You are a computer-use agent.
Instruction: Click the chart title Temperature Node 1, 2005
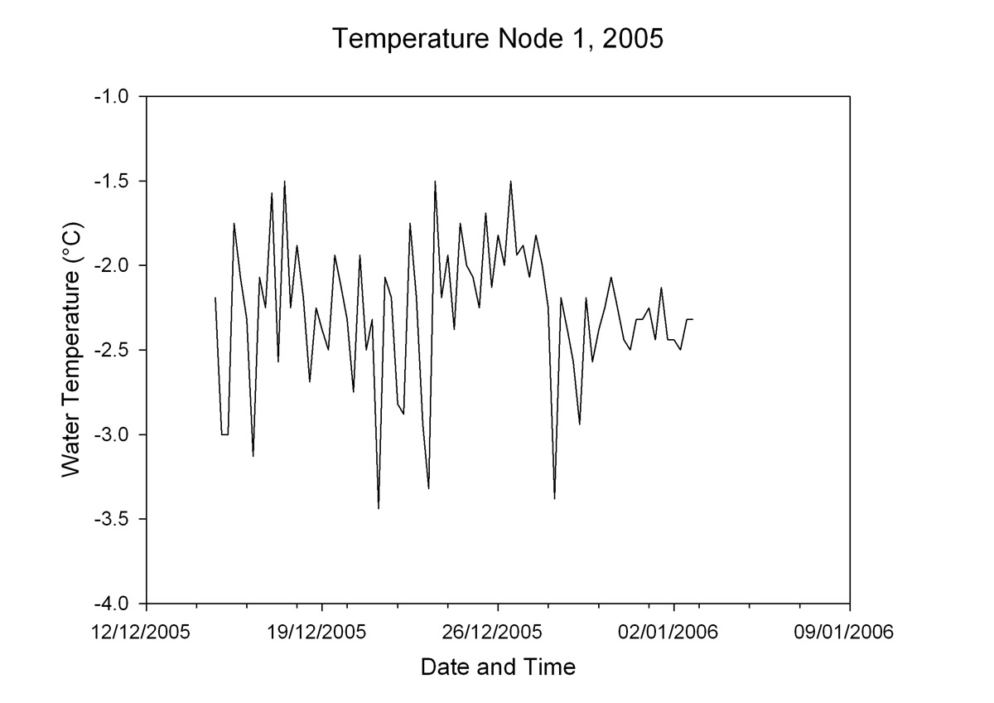(497, 39)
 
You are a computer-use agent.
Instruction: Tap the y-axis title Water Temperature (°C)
(73, 349)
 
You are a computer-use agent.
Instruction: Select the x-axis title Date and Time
(498, 667)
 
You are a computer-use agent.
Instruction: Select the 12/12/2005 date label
(146, 633)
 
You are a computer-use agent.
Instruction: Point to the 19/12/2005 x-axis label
(322, 633)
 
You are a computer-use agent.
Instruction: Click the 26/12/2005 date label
(498, 633)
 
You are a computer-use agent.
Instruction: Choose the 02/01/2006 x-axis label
(673, 633)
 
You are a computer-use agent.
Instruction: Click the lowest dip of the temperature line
(379, 508)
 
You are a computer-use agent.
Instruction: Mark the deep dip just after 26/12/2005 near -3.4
(554, 498)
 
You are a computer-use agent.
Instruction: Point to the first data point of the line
(215, 298)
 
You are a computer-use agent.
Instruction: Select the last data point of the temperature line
(692, 319)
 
